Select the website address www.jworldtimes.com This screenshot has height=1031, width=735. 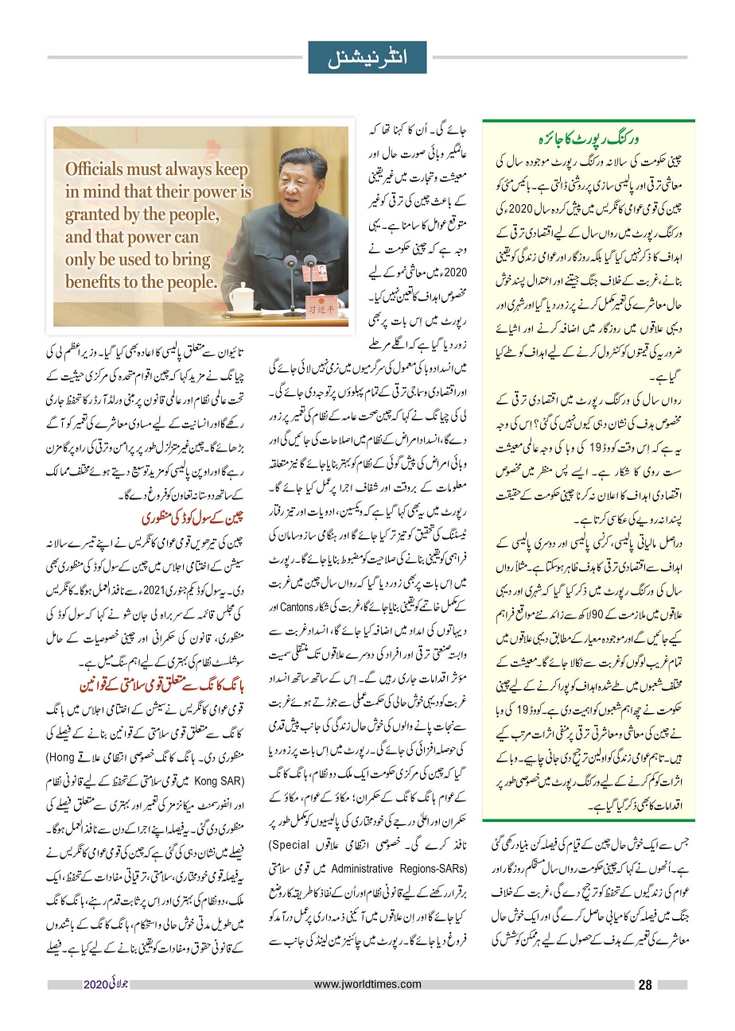tap(368, 985)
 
